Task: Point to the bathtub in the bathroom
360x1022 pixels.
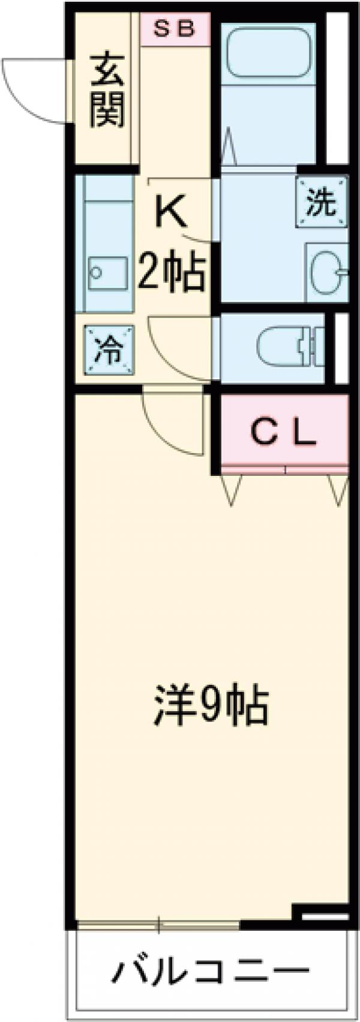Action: [x=268, y=51]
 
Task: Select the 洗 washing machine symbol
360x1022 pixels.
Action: [x=321, y=202]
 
